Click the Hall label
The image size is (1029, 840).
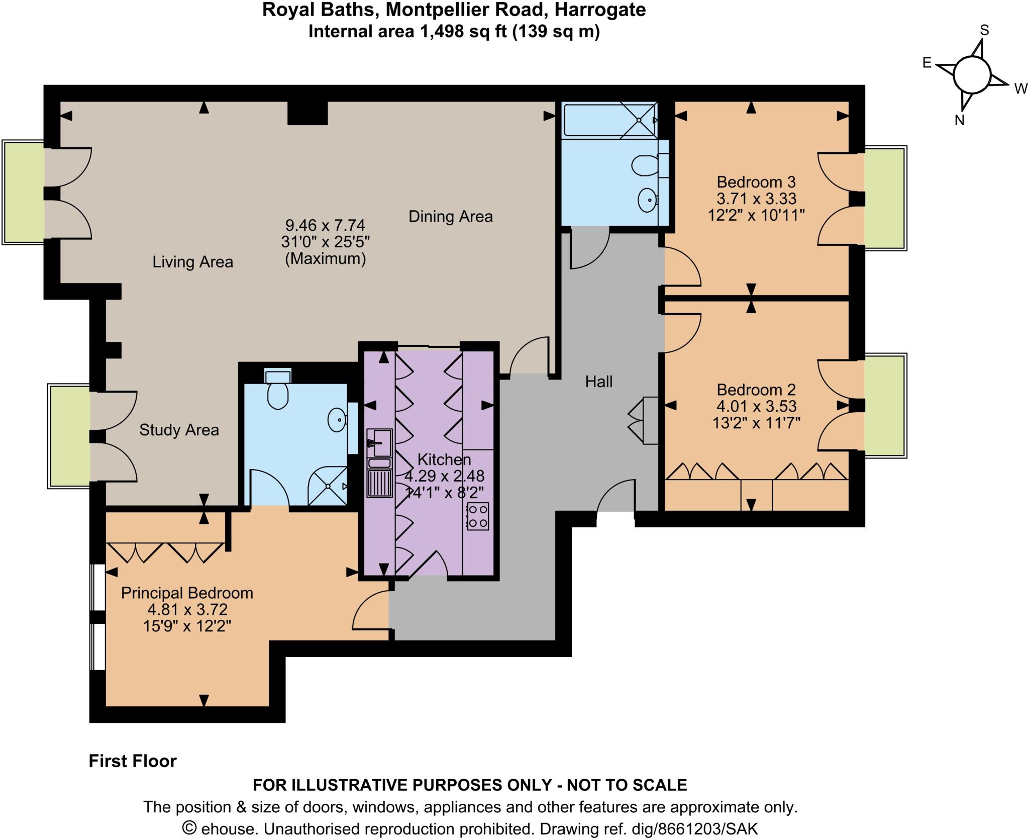pos(598,382)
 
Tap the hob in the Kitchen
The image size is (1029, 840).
pos(477,516)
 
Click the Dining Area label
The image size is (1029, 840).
pos(450,217)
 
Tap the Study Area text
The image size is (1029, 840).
pos(179,430)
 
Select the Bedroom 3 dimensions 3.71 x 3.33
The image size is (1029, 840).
pos(756,199)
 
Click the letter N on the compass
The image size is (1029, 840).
pos(959,120)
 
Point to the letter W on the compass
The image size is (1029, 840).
pos(1020,89)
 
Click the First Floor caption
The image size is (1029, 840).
pos(133,761)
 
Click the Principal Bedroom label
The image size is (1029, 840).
pos(187,593)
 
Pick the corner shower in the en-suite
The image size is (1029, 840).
pos(328,485)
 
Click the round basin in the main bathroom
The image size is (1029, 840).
pos(648,200)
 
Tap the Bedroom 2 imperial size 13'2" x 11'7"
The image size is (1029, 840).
pos(756,422)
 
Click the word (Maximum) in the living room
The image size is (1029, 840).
pos(325,259)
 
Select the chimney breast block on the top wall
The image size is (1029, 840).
pos(307,113)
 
